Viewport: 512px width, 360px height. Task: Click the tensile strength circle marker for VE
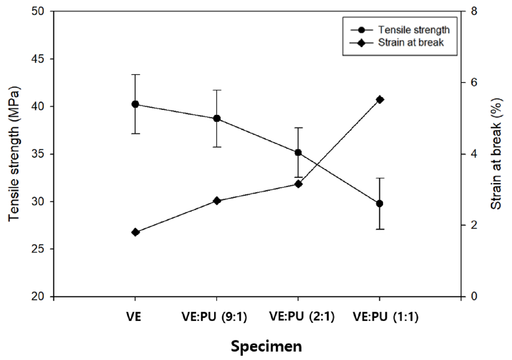[x=135, y=104]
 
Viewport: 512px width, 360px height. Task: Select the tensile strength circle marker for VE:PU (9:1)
[x=217, y=119]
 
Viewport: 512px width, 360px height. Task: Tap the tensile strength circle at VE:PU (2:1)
[x=298, y=153]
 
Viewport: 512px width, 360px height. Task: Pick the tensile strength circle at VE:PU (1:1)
[x=380, y=203]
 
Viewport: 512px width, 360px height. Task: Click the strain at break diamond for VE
[x=135, y=232]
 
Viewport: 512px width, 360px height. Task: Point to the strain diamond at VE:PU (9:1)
[x=217, y=201]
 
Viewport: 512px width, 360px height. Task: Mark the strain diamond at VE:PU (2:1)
[x=298, y=184]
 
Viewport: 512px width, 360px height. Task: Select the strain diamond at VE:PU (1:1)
[x=380, y=99]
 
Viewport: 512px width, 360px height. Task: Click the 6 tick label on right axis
[x=473, y=83]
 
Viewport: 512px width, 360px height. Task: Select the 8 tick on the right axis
[x=473, y=11]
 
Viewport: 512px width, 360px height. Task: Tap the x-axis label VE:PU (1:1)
[x=385, y=317]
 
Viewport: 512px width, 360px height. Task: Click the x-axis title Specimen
[x=266, y=346]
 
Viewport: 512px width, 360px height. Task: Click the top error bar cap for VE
[x=135, y=75]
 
